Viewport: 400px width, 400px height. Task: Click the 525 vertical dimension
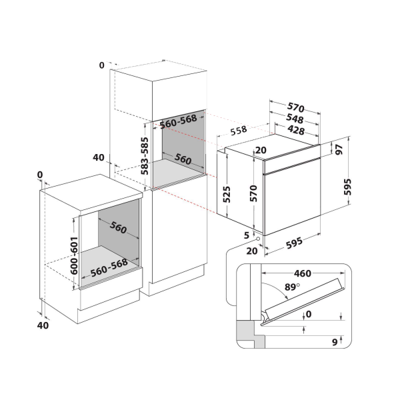tap(226, 193)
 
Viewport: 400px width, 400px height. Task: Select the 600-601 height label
tap(75, 253)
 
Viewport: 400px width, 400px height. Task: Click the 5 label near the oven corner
tap(247, 235)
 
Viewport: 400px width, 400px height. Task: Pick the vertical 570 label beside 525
tap(253, 193)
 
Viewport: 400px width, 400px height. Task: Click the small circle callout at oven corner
tap(258, 241)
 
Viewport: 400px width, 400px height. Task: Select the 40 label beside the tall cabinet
tap(99, 158)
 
